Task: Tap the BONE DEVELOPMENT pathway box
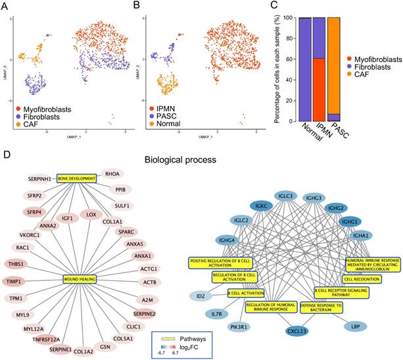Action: point(76,178)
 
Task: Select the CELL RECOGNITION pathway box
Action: point(356,278)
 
